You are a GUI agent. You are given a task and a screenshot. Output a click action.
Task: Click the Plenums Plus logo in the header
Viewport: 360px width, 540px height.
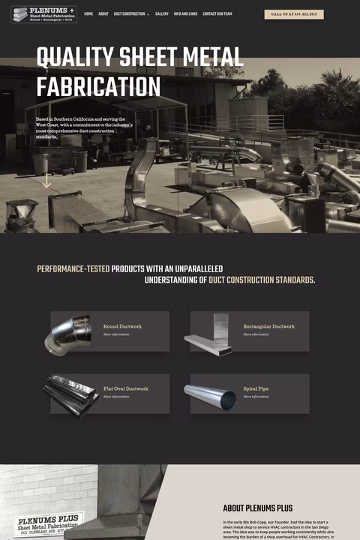(43, 14)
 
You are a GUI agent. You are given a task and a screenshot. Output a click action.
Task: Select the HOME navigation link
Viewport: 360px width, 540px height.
(88, 14)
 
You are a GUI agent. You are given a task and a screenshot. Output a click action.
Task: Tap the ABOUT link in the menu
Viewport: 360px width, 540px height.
(103, 14)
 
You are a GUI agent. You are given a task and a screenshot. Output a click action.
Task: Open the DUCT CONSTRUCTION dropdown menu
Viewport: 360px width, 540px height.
(131, 14)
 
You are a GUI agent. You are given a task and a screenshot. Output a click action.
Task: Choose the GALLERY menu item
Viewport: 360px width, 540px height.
(162, 14)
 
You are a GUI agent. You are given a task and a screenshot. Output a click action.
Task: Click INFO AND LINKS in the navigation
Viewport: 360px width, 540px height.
(185, 14)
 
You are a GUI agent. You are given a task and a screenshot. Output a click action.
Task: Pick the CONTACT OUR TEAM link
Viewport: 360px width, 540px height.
(217, 14)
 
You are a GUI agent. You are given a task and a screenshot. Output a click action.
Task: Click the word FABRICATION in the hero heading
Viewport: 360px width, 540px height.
(98, 86)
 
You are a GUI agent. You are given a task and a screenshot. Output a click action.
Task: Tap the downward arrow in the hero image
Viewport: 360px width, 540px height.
(46, 181)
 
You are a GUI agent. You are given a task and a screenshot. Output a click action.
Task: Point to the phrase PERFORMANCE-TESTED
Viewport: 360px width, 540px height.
(73, 268)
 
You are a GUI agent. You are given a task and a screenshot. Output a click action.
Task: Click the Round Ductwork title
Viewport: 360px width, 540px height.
(122, 326)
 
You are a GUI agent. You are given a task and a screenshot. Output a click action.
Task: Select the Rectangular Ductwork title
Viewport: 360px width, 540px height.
(268, 326)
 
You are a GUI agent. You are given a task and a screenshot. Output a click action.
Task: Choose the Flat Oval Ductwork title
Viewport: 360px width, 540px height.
(126, 388)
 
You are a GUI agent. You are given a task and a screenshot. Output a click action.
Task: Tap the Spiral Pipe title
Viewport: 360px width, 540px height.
(256, 388)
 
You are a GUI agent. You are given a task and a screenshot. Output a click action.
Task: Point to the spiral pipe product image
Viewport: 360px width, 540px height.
(210, 396)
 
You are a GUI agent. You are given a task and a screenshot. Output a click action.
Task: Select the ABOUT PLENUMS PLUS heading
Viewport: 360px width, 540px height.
(257, 508)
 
